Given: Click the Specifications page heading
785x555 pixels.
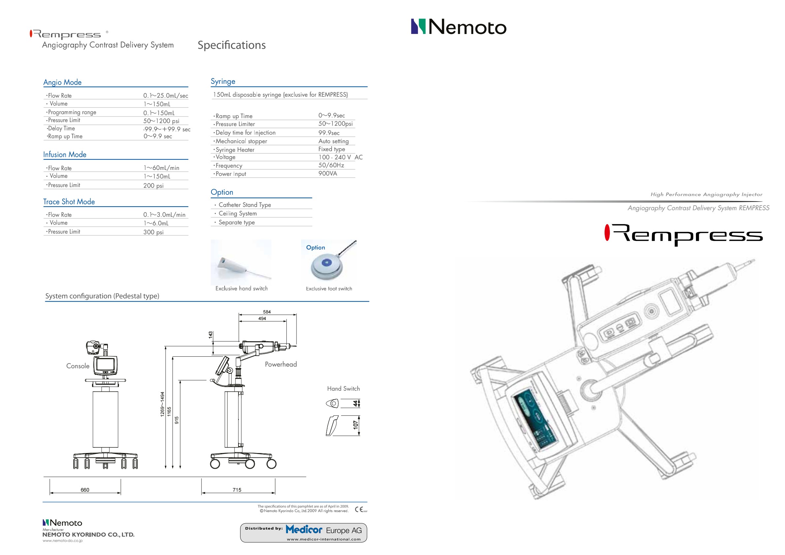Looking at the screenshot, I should [232, 45].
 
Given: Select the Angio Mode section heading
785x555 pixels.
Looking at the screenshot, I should [62, 82].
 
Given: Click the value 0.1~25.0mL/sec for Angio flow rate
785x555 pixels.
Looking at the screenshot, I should [166, 96].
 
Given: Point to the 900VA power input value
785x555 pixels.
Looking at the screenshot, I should [328, 173].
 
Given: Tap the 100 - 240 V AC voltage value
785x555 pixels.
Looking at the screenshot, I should [340, 157].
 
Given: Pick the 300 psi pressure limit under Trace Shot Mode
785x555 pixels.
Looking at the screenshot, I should [153, 232].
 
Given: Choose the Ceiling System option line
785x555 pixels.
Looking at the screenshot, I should [237, 213].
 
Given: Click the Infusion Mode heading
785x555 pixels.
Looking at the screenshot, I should [65, 154].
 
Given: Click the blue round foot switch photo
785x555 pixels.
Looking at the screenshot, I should [327, 265].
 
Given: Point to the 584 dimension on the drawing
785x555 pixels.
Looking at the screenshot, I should [267, 312].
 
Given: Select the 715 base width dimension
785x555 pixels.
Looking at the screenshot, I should [237, 490].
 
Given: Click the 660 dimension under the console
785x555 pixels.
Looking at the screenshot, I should [85, 490].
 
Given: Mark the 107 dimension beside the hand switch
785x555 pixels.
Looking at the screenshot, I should [356, 425].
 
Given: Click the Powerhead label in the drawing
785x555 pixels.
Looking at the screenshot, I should [281, 365].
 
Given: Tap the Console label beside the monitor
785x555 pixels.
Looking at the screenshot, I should [78, 366].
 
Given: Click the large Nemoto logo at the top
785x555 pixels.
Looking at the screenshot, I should [458, 27].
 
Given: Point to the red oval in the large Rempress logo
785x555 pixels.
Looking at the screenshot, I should [607, 233].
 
